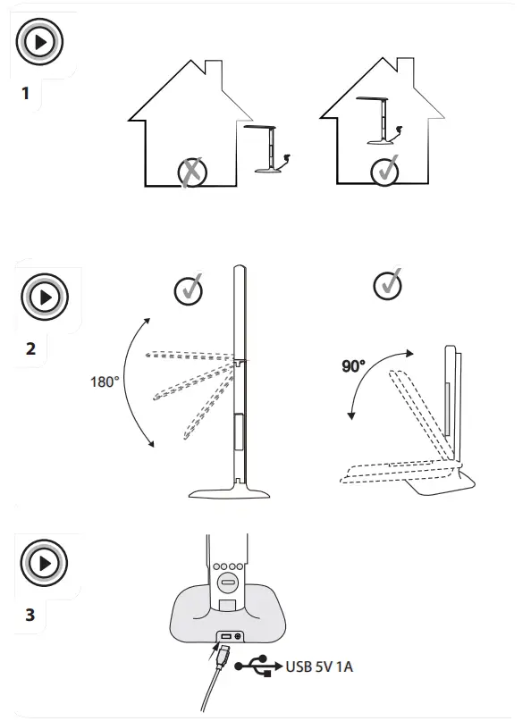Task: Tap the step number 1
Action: [x=26, y=92]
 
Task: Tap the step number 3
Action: [x=29, y=616]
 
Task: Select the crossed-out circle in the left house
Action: [x=191, y=171]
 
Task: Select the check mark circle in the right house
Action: [x=385, y=168]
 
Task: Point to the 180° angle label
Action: [x=105, y=381]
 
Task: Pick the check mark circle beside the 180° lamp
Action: [x=189, y=289]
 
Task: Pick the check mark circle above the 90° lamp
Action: [x=387, y=285]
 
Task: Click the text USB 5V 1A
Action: [x=320, y=667]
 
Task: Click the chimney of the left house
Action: [x=215, y=71]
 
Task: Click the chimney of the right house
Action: [x=406, y=71]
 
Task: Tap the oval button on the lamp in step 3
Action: [x=228, y=586]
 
